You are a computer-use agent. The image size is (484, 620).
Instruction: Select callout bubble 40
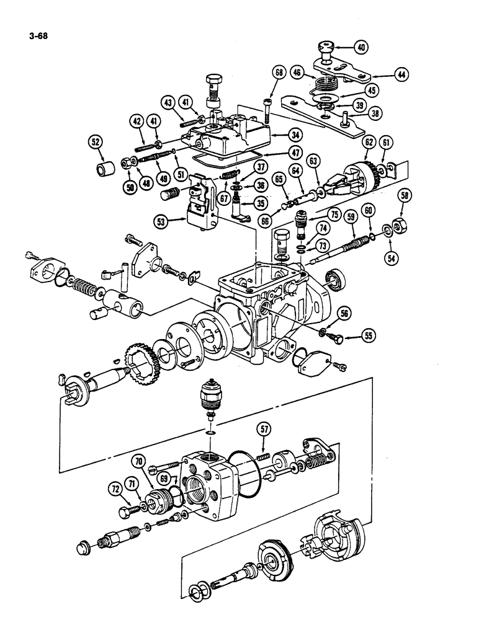(x=361, y=45)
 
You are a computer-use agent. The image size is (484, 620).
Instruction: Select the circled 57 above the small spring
(x=266, y=428)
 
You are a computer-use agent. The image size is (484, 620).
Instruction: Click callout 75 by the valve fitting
(x=334, y=217)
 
